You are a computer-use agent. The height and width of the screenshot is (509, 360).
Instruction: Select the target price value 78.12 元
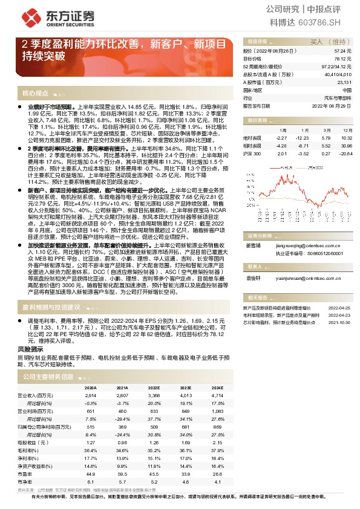(343, 59)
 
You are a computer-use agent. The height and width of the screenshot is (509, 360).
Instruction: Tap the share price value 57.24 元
(343, 52)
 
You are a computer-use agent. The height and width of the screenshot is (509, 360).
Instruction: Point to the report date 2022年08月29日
(330, 105)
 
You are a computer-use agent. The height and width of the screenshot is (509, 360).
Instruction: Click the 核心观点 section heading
(35, 94)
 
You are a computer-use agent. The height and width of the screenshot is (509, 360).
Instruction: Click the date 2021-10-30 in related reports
(339, 323)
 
